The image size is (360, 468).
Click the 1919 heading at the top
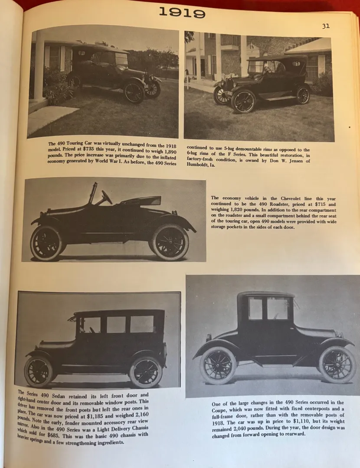pyautogui.click(x=182, y=13)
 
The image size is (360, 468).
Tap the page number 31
pyautogui.click(x=326, y=26)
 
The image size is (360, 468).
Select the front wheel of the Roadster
pyautogui.click(x=170, y=242)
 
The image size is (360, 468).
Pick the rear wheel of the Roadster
pyautogui.click(x=46, y=243)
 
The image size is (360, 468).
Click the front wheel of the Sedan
pyautogui.click(x=38, y=371)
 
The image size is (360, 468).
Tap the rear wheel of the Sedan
pyautogui.click(x=145, y=372)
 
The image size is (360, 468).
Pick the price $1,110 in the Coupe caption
pyautogui.click(x=285, y=422)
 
